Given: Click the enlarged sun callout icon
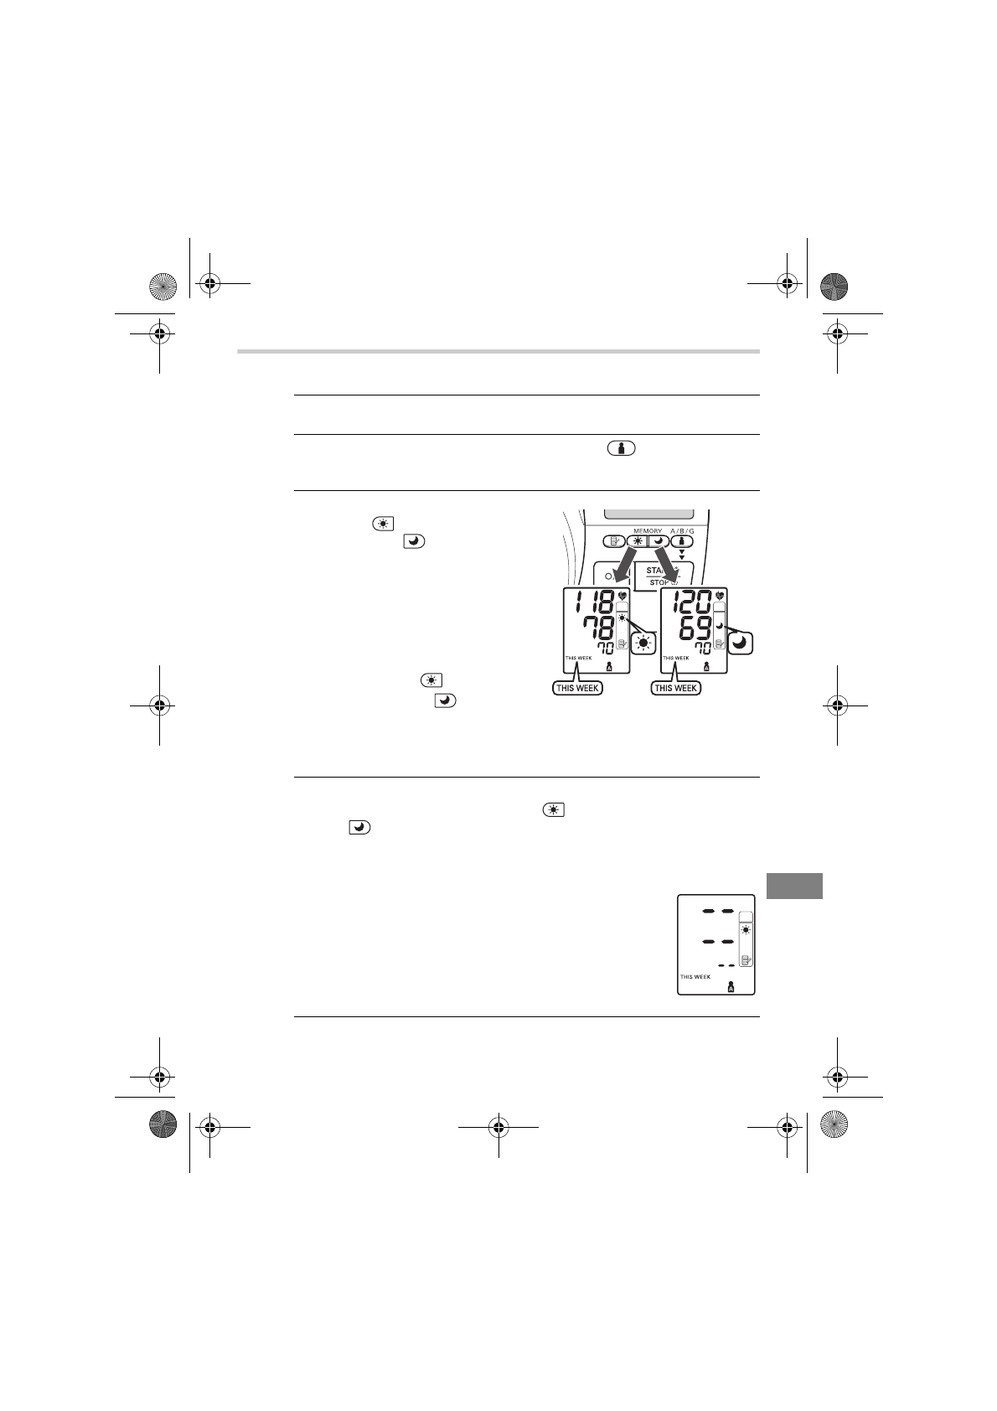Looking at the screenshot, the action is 643,643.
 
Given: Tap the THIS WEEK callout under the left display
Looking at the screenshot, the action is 577,688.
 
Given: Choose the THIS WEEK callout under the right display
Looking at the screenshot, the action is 675,688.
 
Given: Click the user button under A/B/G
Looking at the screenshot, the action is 682,542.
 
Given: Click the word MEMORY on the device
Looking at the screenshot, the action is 648,530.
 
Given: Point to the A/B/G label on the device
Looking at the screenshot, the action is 682,530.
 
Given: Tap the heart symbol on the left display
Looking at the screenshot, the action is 622,596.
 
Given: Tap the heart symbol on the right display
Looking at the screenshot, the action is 720,596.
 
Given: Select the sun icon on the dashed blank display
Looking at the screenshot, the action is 746,928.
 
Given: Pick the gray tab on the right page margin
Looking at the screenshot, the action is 794,886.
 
